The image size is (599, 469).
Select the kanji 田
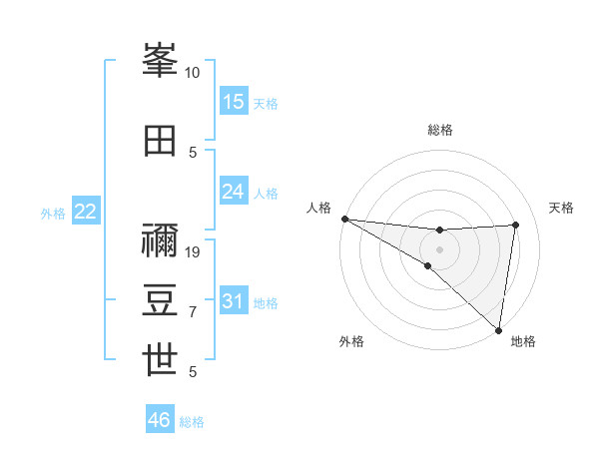pyautogui.click(x=161, y=140)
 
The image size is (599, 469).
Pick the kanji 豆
pyautogui.click(x=161, y=301)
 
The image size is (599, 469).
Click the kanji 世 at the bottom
pyautogui.click(x=161, y=360)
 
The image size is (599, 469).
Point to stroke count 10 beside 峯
pyautogui.click(x=193, y=73)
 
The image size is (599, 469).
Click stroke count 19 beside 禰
pyautogui.click(x=193, y=252)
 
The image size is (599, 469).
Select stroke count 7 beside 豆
pyautogui.click(x=193, y=312)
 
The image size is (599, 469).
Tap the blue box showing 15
pyautogui.click(x=234, y=102)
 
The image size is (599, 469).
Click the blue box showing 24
pyautogui.click(x=234, y=192)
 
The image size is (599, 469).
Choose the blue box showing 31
pyautogui.click(x=234, y=301)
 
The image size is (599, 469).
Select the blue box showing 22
pyautogui.click(x=86, y=212)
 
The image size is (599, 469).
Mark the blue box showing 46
pyautogui.click(x=160, y=420)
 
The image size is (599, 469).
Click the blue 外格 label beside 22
pyautogui.click(x=53, y=213)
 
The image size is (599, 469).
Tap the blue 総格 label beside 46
pyautogui.click(x=192, y=422)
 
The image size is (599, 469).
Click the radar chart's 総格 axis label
pyautogui.click(x=440, y=130)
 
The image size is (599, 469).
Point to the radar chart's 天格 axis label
pyautogui.click(x=561, y=208)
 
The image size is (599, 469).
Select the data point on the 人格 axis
pyautogui.click(x=344, y=219)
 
